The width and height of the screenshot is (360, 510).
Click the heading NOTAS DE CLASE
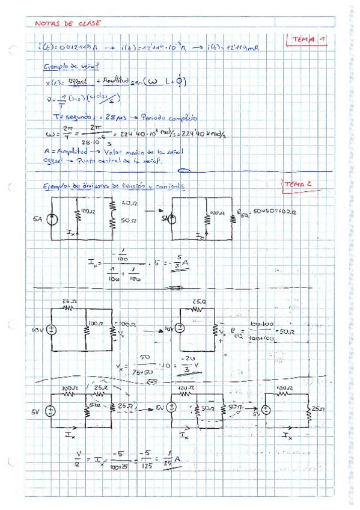(68, 23)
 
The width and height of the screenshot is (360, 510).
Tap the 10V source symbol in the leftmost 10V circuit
(52, 330)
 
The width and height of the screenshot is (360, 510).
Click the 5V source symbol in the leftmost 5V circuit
(52, 411)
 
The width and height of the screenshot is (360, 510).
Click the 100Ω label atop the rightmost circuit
(284, 389)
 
